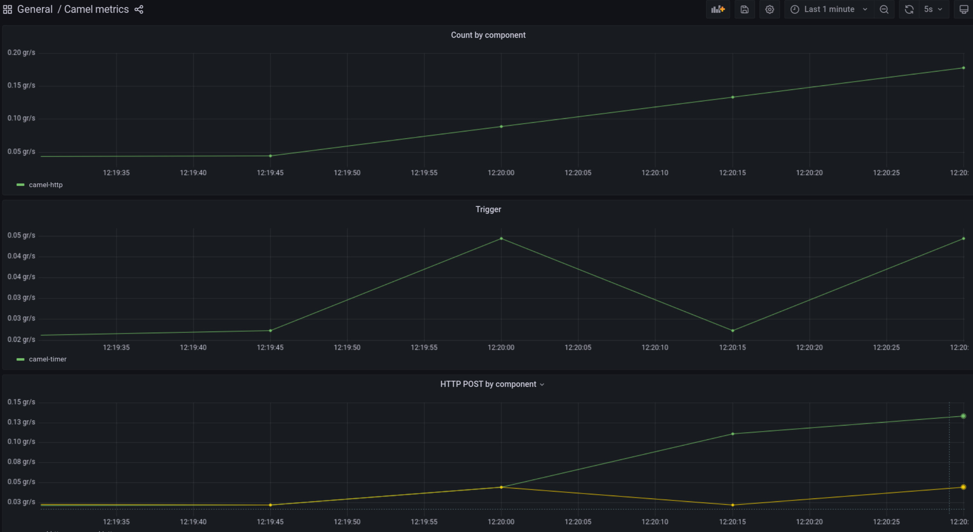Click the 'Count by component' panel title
coord(488,35)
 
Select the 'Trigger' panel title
coord(488,210)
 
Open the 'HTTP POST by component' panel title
coord(488,384)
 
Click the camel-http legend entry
coord(46,185)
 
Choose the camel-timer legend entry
coord(47,359)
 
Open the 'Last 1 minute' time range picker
coord(829,9)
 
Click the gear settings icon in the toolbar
coord(769,9)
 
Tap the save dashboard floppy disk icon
coord(744,9)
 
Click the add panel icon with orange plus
coord(717,9)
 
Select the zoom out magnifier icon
coord(884,9)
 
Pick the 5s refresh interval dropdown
coord(933,9)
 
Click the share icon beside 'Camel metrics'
coord(139,9)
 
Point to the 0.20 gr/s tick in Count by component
coord(21,53)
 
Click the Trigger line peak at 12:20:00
coord(501,239)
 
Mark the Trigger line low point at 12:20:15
coord(733,331)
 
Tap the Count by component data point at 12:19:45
coord(270,156)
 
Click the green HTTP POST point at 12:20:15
coord(733,434)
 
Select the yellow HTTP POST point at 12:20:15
coord(733,505)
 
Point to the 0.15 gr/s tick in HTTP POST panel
coord(21,402)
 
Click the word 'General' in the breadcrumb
coord(35,9)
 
